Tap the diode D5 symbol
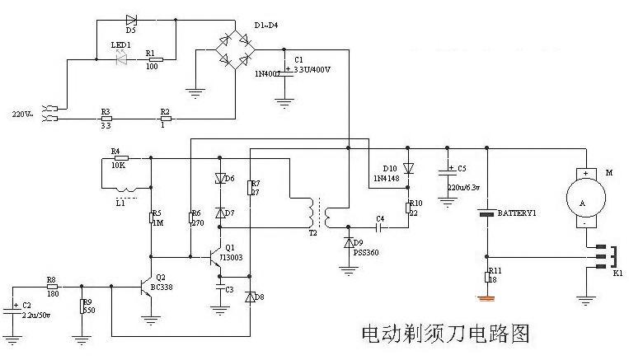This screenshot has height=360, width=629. click(130, 20)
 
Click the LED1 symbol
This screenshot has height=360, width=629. click(123, 59)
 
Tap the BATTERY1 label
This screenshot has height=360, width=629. click(517, 213)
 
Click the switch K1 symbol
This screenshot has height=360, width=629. click(607, 256)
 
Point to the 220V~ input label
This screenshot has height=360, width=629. click(23, 113)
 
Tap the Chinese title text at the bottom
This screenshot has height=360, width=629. click(445, 334)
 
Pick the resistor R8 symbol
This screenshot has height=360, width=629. click(52, 288)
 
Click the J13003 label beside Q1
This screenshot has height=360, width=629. click(236, 255)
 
